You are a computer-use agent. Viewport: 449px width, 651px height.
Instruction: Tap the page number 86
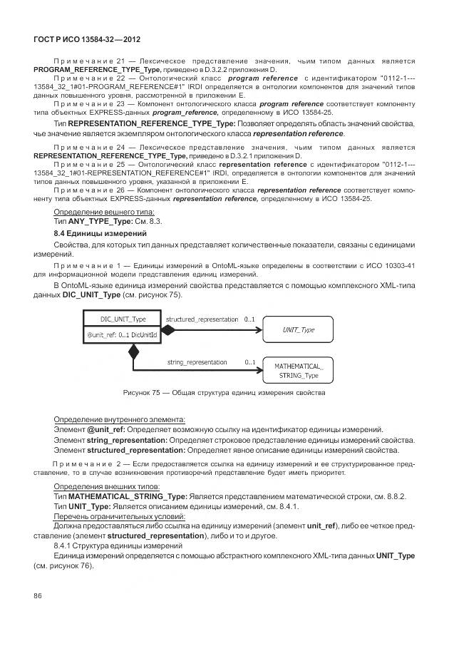[38, 596]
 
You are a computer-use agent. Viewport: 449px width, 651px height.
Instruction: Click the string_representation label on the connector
[197, 362]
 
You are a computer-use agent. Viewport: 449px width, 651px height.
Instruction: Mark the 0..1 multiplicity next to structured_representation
[249, 320]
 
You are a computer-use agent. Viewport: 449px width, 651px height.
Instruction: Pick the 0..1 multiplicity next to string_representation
[249, 362]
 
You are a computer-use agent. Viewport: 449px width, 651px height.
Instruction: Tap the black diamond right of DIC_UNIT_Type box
[168, 329]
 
